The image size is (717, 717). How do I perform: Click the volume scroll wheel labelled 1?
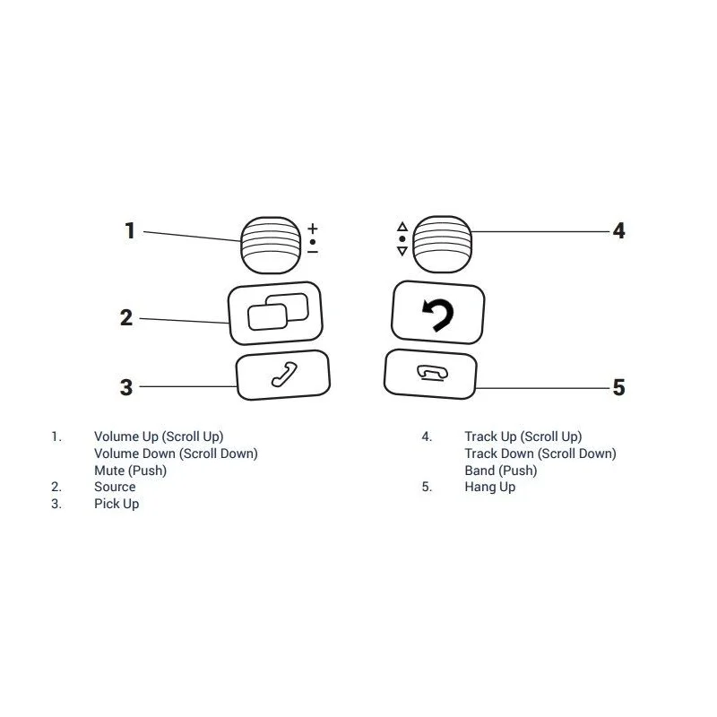pos(271,245)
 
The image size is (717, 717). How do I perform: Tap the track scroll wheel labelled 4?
pos(442,244)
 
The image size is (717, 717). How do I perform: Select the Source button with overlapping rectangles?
pos(275,313)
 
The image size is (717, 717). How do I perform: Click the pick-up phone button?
pos(283,375)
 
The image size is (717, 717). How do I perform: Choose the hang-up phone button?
pos(431,374)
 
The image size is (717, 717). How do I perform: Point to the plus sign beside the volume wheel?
pos(313,229)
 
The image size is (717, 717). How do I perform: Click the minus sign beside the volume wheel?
pos(313,252)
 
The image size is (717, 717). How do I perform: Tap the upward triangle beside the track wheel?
pos(402,227)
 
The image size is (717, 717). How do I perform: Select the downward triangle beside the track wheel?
pos(402,251)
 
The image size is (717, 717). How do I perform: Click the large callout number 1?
pos(130,230)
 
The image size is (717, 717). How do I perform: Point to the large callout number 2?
pos(126,318)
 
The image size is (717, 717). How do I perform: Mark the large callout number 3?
pos(126,387)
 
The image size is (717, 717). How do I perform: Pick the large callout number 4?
pos(618,230)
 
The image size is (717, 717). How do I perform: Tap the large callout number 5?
pos(618,387)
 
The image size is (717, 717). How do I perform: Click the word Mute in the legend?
pos(109,470)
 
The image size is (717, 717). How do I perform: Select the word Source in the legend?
pos(115,487)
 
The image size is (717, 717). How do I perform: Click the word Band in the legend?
pos(479,470)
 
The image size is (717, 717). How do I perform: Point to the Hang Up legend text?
pos(489,488)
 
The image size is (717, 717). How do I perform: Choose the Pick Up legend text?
pos(117,504)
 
